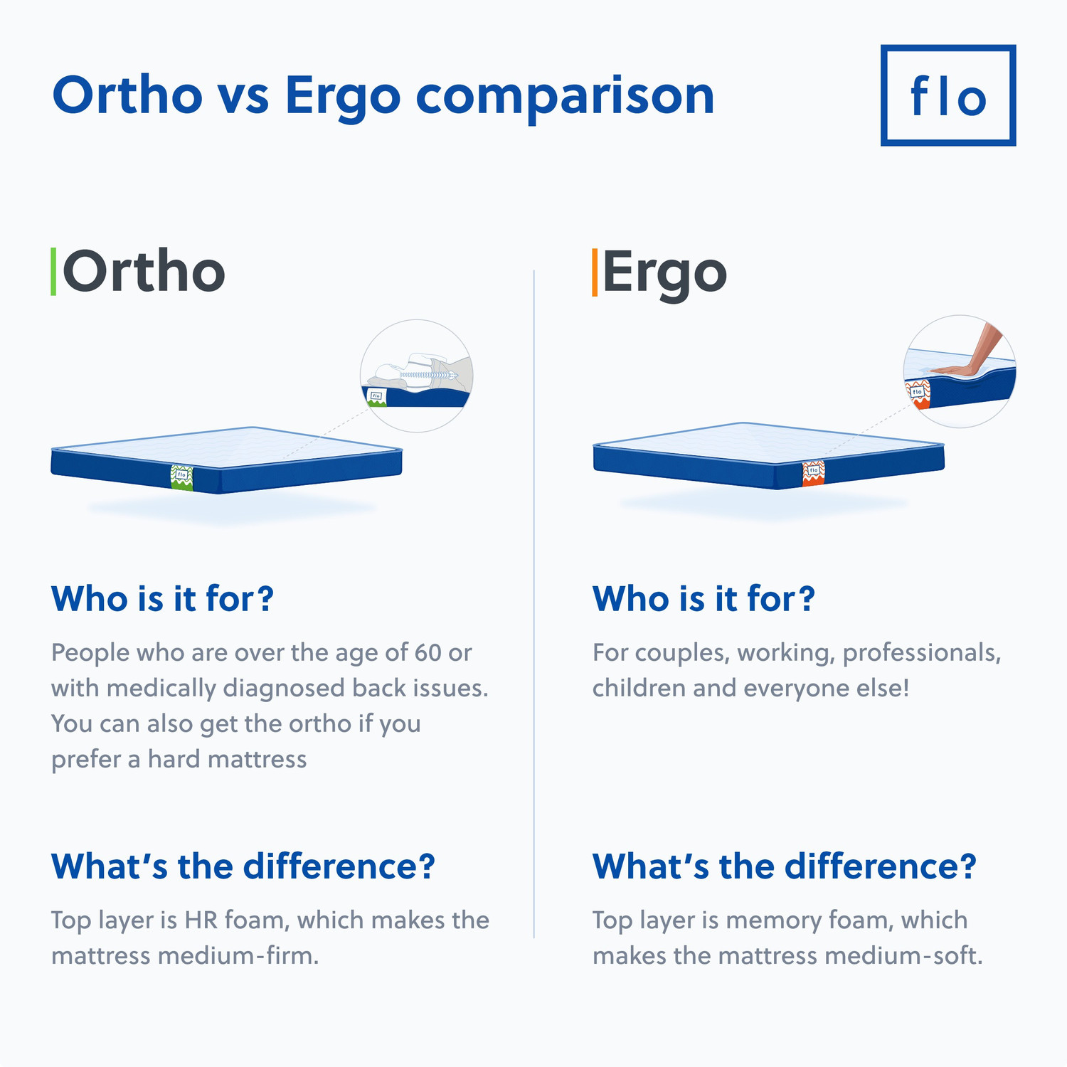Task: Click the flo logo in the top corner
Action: coord(947,95)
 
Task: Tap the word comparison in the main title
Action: coord(565,97)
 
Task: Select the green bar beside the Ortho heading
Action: coord(53,272)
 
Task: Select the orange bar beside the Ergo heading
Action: coord(595,272)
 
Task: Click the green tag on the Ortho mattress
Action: coord(181,477)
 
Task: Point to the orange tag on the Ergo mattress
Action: coord(813,473)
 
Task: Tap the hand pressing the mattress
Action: coord(971,356)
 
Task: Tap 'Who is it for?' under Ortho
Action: coord(162,598)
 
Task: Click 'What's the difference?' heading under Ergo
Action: coord(784,866)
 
